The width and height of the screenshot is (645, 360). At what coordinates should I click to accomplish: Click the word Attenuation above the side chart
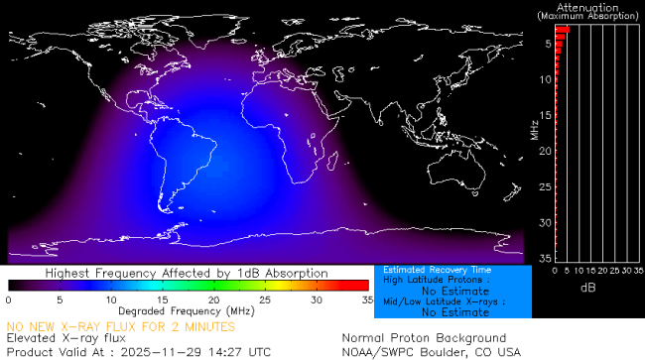[589, 6]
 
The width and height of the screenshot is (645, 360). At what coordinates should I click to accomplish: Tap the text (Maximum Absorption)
[589, 16]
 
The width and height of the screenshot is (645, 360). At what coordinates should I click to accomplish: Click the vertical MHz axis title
[534, 129]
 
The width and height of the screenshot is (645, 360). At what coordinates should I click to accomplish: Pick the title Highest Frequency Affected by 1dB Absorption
[187, 273]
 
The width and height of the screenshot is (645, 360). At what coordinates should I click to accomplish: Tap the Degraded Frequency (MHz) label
[187, 311]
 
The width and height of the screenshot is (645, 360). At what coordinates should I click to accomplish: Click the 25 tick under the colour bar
[264, 300]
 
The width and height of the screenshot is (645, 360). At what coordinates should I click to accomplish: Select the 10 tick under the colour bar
[110, 300]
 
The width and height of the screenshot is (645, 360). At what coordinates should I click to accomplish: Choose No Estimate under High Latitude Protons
[446, 292]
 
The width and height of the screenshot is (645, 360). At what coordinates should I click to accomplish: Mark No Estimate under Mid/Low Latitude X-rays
[446, 311]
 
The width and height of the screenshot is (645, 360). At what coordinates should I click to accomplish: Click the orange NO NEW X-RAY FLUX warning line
[121, 325]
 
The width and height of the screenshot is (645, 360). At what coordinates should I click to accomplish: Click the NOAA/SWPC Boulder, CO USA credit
[431, 351]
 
